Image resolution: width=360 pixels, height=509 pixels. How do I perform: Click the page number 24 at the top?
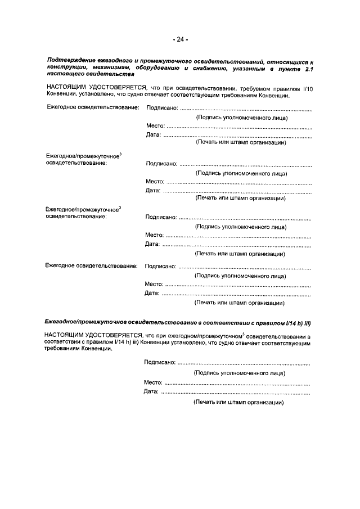click(180, 39)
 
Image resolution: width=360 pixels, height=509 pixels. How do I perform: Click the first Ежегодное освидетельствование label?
click(92, 107)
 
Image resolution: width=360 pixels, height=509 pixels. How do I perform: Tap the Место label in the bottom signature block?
click(154, 382)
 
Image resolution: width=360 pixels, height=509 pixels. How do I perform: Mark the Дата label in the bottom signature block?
click(151, 391)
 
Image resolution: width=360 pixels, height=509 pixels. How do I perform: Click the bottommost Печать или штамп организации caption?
click(238, 402)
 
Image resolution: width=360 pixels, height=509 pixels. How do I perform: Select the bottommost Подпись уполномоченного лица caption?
click(239, 373)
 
